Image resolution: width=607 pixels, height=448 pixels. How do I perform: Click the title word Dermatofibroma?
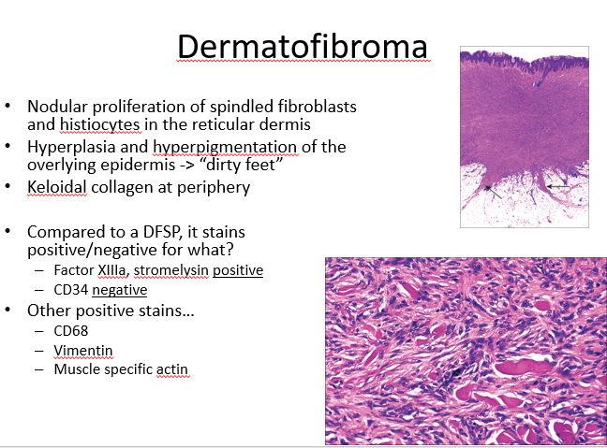point(303,47)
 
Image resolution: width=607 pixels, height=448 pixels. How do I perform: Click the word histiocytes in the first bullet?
point(100,124)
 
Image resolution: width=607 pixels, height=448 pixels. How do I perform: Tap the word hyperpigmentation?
point(225,147)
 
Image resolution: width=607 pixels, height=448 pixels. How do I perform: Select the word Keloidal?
point(57,187)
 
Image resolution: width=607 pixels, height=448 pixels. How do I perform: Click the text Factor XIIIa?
point(90,270)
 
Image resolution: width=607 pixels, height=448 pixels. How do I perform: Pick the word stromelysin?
point(171,270)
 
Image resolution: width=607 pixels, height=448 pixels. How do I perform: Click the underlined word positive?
point(238,270)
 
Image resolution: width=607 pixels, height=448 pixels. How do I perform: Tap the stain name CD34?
point(71,290)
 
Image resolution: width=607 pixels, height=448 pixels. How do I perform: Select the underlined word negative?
point(120,290)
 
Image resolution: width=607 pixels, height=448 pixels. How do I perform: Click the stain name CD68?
point(71,331)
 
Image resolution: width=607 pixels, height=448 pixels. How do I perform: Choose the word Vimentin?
point(83,351)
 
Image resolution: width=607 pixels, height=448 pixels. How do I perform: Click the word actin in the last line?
point(171,369)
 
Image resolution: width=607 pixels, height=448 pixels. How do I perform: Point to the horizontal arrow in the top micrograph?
point(558,187)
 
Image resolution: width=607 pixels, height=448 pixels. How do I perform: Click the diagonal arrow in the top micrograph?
point(493,192)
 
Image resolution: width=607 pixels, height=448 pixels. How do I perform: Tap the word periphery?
point(214,188)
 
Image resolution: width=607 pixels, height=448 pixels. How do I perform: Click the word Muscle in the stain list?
point(77,369)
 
